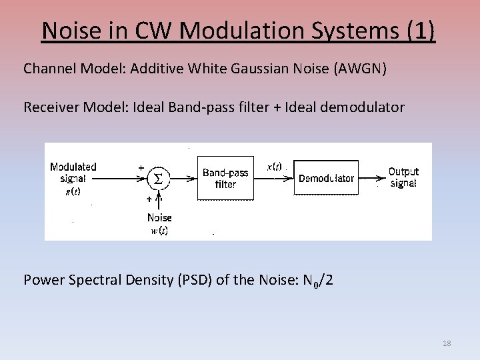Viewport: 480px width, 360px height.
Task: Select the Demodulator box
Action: pos(326,178)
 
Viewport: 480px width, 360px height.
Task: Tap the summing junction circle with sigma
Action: pos(157,178)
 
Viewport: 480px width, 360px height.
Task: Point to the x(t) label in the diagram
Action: pos(274,167)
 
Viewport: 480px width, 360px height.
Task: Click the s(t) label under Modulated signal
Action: pos(73,191)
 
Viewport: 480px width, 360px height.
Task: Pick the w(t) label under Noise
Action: pos(159,231)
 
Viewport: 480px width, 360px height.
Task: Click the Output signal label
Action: pos(403,177)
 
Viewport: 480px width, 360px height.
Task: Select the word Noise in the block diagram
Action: pos(159,217)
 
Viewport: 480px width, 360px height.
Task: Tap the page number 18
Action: pos(447,343)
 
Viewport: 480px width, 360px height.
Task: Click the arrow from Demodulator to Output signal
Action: pos(371,178)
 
